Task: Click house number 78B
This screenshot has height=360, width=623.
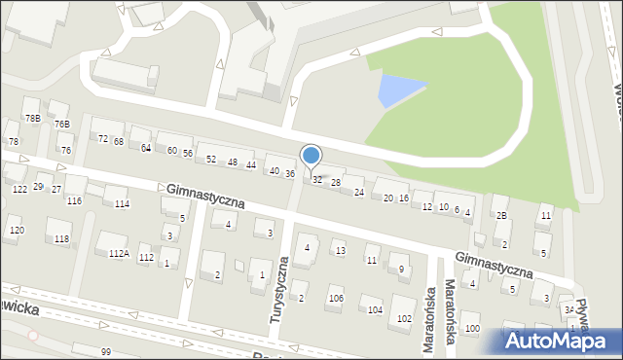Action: (x=33, y=118)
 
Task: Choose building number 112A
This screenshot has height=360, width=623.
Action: (x=118, y=253)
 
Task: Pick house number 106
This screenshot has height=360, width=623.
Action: (x=335, y=299)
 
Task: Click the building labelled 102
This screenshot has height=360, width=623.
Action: (x=403, y=318)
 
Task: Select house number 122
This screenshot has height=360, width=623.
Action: (x=19, y=189)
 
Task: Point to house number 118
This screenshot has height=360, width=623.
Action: (x=61, y=238)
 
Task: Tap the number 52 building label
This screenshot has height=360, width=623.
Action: (x=210, y=159)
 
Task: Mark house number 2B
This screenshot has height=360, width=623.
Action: (x=501, y=215)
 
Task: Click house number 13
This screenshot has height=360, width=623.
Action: (x=339, y=251)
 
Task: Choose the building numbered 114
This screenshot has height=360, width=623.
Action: (x=122, y=203)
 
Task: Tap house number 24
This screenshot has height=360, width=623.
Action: (x=358, y=192)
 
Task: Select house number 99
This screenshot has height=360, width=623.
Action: (x=105, y=350)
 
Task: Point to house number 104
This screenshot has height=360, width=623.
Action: (x=375, y=309)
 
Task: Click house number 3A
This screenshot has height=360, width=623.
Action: (x=568, y=309)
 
